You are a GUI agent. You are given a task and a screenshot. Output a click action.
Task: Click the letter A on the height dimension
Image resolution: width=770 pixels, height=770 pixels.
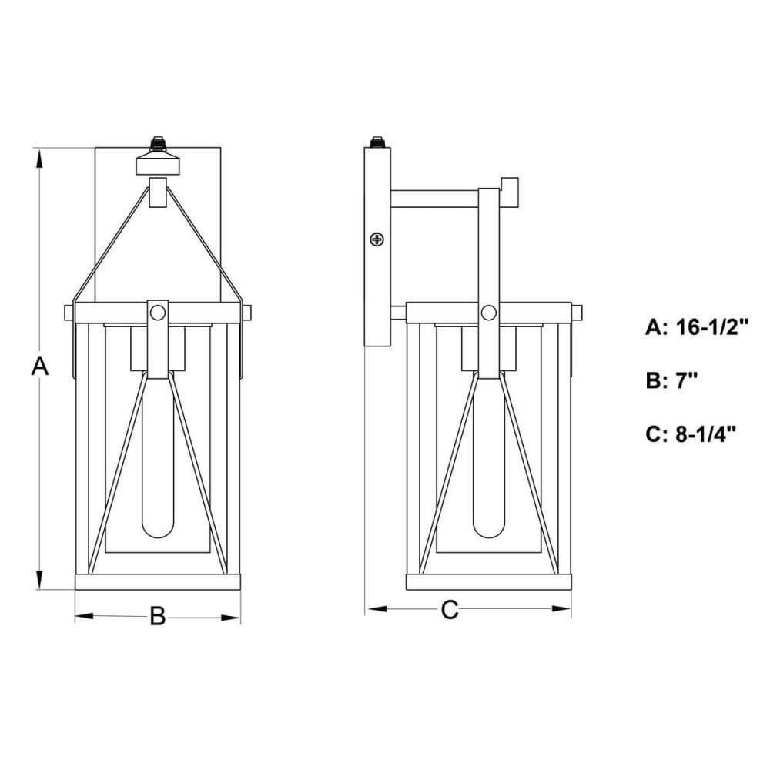tap(40, 367)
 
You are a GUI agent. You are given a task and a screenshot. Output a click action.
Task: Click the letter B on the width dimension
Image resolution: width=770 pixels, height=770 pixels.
tap(158, 616)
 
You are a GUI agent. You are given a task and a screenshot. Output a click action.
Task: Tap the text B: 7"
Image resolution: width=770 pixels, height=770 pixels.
tap(671, 380)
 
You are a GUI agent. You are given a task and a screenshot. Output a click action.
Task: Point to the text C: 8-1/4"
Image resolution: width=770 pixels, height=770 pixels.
tap(691, 434)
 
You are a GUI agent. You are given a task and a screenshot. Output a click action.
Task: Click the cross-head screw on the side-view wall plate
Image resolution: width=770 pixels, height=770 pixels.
tap(377, 239)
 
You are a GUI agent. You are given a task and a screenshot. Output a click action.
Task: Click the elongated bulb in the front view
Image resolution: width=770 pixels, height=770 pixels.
tap(158, 457)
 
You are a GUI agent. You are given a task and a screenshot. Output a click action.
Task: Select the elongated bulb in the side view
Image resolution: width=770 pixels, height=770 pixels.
tap(489, 457)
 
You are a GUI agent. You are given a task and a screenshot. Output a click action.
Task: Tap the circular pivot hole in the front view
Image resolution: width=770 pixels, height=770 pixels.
tap(158, 313)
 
